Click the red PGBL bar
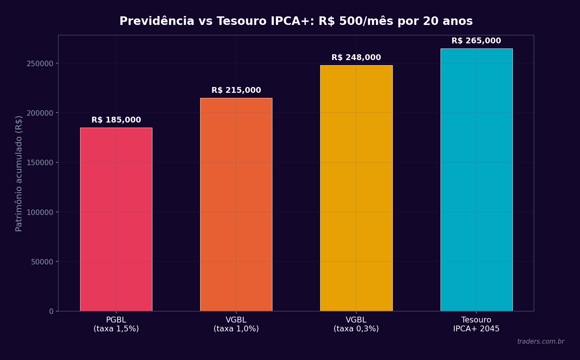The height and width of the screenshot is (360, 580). [116, 219]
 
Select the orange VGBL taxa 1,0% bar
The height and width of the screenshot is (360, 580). [236, 204]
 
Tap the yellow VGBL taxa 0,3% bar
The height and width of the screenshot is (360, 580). [356, 188]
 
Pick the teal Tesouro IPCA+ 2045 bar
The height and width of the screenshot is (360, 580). [476, 180]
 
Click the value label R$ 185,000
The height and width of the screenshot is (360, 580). [116, 120]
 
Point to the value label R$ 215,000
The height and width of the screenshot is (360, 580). [236, 90]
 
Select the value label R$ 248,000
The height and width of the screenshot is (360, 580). [356, 58]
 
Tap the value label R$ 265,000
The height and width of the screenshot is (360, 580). [476, 41]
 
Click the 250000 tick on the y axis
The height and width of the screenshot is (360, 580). [40, 64]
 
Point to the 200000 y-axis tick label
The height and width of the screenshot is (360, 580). [40, 113]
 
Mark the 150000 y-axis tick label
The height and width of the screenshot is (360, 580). [40, 163]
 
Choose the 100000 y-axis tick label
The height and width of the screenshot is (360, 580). [40, 213]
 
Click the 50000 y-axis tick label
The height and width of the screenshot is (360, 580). [42, 262]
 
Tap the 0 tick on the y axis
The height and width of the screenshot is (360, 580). [51, 312]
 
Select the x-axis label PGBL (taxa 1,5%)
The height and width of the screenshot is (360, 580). [116, 325]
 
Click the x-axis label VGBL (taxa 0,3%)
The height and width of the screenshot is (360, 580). [356, 325]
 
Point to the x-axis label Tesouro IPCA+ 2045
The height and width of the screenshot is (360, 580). [476, 325]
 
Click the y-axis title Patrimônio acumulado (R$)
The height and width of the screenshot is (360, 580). [19, 173]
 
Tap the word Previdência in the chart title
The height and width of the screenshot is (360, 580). [157, 21]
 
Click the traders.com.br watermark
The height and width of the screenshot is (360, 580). [540, 342]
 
